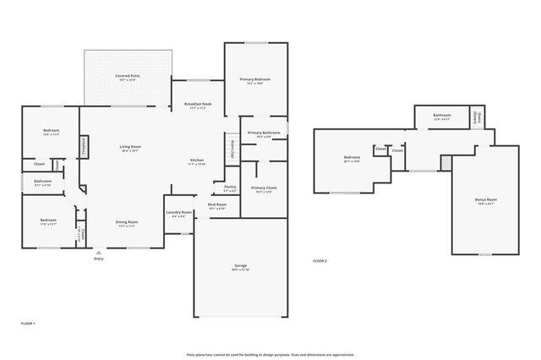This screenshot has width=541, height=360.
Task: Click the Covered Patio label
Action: click(128, 76)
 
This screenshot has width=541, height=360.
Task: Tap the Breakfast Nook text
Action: click(198, 104)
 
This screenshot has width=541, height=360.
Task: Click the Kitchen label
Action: click(196, 161)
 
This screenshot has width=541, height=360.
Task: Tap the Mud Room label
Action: click(217, 204)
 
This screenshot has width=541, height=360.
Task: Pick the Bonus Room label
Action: click(485, 199)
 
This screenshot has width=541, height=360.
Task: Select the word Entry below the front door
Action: click(99, 259)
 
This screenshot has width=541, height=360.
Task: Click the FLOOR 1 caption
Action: click(28, 324)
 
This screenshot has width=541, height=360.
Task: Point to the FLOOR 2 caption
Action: click(320, 260)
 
